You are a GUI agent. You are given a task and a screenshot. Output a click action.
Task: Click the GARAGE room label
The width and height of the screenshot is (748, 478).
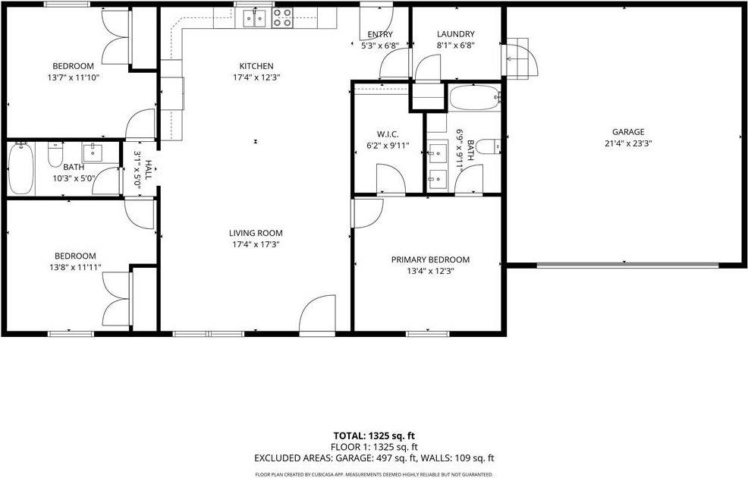(624, 131)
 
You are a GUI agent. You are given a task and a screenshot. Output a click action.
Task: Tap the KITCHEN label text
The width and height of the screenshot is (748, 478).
(256, 66)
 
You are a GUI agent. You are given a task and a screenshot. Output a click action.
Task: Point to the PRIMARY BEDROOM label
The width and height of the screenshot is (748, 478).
(430, 259)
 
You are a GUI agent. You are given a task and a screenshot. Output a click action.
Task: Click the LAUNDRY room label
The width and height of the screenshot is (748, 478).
(456, 34)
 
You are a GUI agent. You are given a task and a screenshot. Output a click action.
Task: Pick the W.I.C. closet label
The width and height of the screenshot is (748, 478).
(388, 134)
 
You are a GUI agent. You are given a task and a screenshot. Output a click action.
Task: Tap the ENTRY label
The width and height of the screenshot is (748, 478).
(379, 34)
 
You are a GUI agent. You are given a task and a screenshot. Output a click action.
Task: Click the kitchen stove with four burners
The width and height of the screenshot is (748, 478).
(283, 17)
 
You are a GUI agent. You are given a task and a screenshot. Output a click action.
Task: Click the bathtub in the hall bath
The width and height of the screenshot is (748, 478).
(21, 169)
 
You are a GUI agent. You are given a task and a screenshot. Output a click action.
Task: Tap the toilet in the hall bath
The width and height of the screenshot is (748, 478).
(55, 156)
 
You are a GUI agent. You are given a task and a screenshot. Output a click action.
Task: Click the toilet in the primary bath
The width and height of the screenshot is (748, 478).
(489, 146)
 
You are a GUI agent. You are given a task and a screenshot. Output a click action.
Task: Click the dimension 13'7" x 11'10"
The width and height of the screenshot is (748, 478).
(73, 77)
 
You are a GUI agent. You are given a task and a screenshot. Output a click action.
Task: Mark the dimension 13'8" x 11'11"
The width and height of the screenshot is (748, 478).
(74, 267)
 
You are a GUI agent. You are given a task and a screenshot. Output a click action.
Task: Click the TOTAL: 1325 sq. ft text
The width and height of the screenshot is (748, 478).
(375, 436)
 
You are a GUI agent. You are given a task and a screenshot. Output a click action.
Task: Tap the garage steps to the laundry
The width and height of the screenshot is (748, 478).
(521, 58)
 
